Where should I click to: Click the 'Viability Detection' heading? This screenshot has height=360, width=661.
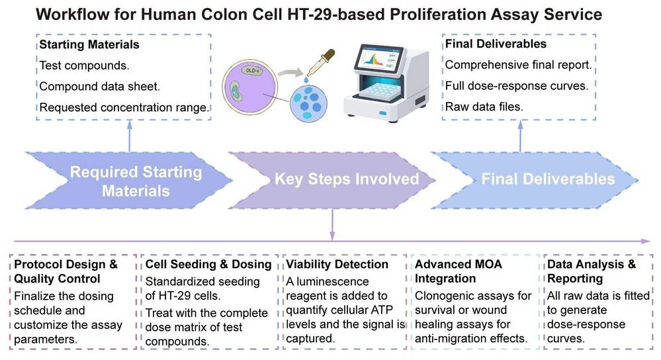tap(337, 264)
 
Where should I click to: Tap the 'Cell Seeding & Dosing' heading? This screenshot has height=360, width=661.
tap(208, 264)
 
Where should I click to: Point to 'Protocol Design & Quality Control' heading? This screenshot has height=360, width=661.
tap(66, 271)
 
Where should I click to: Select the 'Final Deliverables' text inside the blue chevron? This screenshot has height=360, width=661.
tap(548, 179)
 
